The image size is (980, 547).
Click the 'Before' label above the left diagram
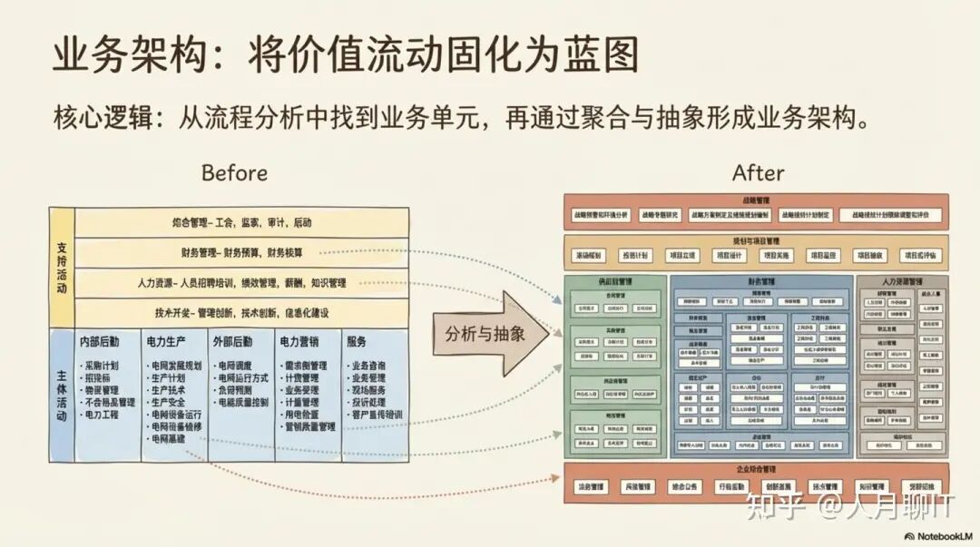234,172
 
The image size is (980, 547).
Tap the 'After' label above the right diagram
759,172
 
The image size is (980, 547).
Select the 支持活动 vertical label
61,267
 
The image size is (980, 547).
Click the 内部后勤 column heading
99,342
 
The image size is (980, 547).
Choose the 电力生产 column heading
166,342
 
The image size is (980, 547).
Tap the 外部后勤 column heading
233,342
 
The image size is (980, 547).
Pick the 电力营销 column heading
300,342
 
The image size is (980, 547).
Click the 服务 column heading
356,342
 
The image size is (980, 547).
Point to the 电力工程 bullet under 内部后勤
101,415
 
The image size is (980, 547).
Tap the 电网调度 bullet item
233,366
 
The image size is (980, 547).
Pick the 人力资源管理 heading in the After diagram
902,282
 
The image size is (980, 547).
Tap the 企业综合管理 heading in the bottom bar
756,470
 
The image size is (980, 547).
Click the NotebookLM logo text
944,536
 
